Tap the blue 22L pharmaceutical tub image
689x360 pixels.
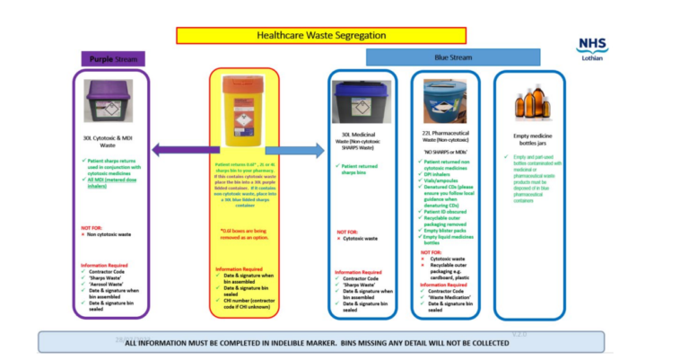point(451,101)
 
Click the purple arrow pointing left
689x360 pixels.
point(176,150)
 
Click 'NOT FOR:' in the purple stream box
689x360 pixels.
point(92,228)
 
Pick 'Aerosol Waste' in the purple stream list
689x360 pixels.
point(109,282)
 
